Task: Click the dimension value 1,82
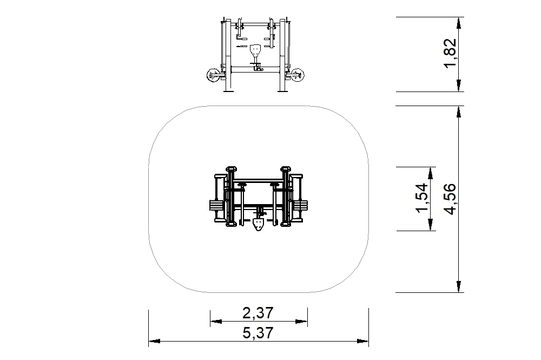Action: (x=450, y=54)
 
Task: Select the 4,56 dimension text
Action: (x=450, y=199)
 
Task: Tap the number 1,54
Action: (x=421, y=198)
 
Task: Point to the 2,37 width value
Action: (x=258, y=313)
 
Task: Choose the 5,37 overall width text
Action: (x=258, y=333)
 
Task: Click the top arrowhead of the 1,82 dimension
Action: (x=459, y=22)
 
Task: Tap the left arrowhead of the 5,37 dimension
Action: (x=154, y=342)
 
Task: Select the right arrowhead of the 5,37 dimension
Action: (x=363, y=342)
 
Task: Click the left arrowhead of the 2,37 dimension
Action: (x=216, y=322)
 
